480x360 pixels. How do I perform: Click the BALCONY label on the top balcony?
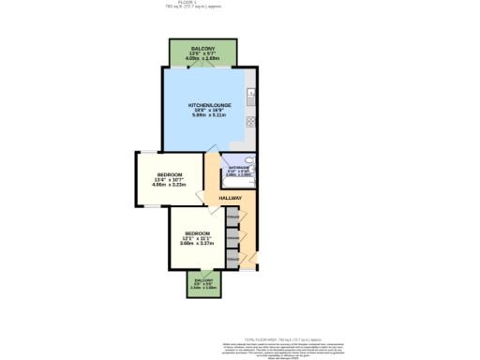click(202, 47)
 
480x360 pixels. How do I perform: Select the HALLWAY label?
click(231, 199)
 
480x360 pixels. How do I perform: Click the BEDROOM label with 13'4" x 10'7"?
click(170, 175)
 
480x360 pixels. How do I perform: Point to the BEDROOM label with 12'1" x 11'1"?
click(197, 232)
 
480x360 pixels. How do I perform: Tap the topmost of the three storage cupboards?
click(232, 218)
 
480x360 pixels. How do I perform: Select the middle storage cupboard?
click(232, 237)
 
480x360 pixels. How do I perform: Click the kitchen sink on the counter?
click(250, 95)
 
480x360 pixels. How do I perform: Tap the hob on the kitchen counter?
click(250, 120)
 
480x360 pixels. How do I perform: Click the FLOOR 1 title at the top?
click(240, 4)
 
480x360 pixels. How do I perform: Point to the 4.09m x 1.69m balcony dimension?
click(202, 58)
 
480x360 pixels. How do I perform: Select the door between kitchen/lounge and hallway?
click(214, 153)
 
